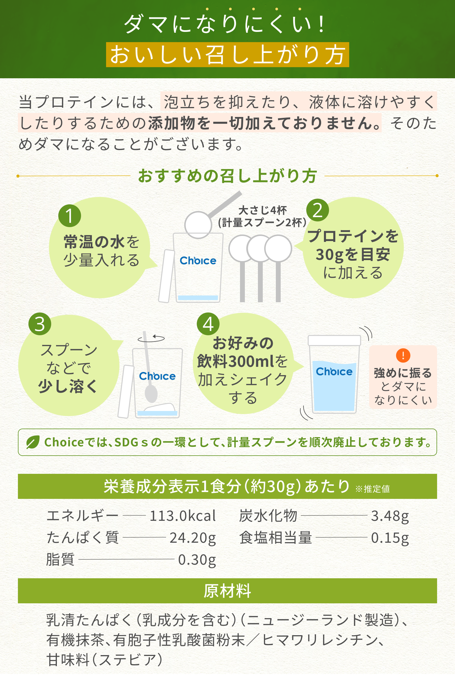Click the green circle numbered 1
tap(70, 215)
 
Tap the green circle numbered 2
tap(318, 210)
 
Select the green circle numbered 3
tap(40, 324)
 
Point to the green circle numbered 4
tap(208, 324)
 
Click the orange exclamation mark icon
tap(403, 355)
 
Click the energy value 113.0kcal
tap(183, 516)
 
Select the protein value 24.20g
tap(193, 538)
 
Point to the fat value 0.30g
tap(197, 559)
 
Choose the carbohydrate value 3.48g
tap(390, 516)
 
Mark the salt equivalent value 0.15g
tap(390, 538)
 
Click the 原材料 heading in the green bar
tap(227, 591)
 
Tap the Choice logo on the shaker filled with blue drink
tap(334, 371)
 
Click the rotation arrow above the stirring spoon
tap(151, 338)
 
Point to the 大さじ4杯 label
tap(262, 210)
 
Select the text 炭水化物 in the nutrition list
tap(268, 516)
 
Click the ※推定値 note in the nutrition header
tap(373, 489)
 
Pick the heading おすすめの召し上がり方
tap(227, 176)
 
